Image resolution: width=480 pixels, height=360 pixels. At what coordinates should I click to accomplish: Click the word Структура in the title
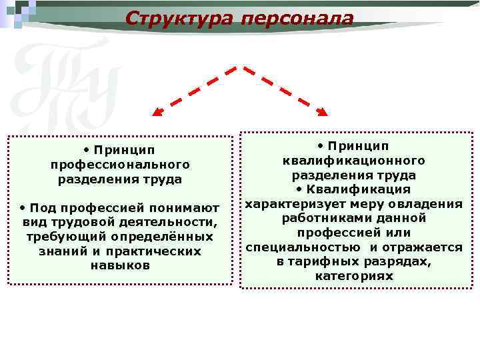coord(178,17)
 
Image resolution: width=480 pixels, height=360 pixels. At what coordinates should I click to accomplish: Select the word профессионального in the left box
coord(120,164)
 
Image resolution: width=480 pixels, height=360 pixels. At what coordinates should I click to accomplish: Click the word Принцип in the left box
coord(125,149)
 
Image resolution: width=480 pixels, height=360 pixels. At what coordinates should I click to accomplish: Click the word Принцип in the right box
coord(359,146)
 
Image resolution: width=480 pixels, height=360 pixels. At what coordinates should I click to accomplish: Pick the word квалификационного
coord(354,161)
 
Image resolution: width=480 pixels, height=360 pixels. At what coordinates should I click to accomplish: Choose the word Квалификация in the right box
coord(359,189)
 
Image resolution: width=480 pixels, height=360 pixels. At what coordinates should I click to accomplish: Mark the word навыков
coord(120,265)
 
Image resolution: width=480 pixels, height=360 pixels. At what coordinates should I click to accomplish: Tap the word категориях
coord(354,275)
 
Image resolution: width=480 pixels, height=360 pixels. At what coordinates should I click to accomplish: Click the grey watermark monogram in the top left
coord(63,83)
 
